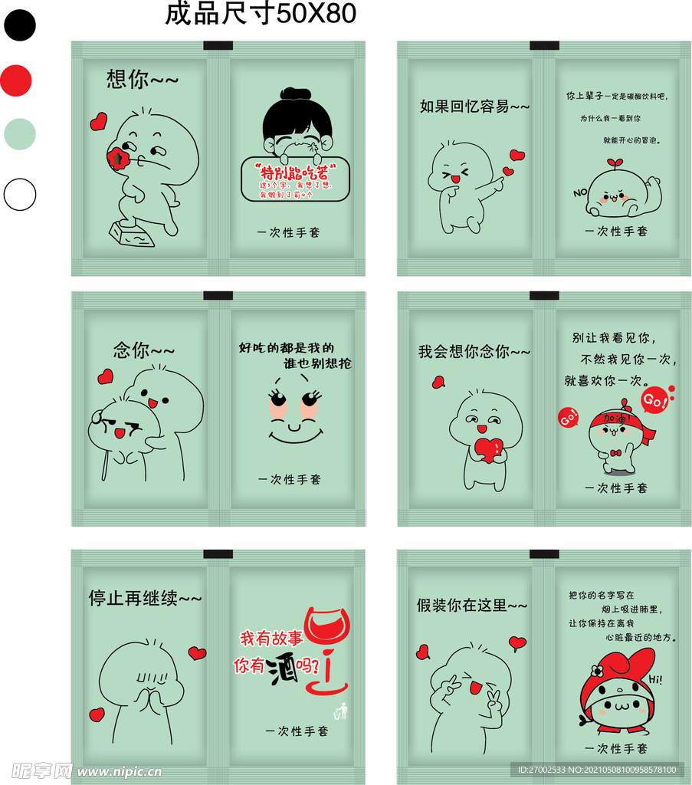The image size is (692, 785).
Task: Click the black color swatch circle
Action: tap(19, 25)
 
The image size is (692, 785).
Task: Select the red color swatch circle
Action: tap(16, 80)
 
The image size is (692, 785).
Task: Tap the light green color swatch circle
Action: tap(19, 133)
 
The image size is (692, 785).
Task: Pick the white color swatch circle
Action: tap(19, 195)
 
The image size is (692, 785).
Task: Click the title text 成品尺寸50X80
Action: tap(261, 14)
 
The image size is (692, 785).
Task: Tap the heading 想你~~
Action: tap(142, 80)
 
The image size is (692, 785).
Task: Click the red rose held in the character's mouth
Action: tap(119, 158)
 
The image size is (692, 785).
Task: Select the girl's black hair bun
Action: tap(292, 94)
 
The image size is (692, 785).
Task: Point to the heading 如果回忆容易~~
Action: tap(474, 107)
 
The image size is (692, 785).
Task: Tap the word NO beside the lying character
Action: tap(579, 192)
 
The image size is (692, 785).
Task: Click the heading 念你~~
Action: tap(144, 350)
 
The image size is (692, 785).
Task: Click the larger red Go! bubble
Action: tap(654, 400)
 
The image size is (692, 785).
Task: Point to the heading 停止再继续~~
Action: tap(145, 598)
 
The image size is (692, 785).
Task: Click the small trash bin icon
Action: tap(341, 711)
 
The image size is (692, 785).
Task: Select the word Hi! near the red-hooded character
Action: tap(656, 679)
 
